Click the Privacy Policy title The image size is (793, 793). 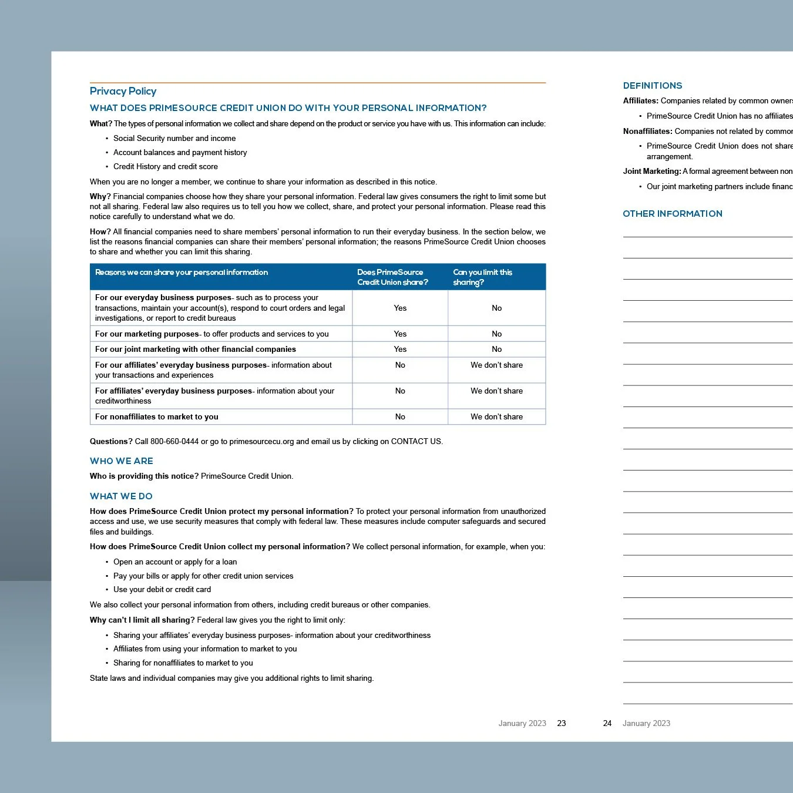click(123, 91)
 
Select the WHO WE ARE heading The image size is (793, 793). click(122, 461)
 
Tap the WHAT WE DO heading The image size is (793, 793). click(121, 496)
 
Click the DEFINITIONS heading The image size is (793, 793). click(652, 86)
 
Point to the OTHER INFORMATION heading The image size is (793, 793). click(672, 214)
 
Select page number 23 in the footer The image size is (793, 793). click(561, 724)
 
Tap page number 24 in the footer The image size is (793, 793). click(607, 724)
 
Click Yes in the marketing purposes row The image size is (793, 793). click(400, 334)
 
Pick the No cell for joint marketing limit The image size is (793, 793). click(496, 349)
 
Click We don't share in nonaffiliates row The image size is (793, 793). click(496, 416)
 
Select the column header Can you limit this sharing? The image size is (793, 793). click(482, 277)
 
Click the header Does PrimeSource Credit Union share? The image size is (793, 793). click(392, 277)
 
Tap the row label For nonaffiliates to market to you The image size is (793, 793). click(157, 416)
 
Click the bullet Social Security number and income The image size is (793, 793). click(174, 139)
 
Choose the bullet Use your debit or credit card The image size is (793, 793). click(162, 590)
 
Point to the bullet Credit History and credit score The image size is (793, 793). click(166, 167)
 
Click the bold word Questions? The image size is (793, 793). click(111, 442)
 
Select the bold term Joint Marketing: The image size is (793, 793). click(651, 172)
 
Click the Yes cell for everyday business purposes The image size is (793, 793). click(400, 308)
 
